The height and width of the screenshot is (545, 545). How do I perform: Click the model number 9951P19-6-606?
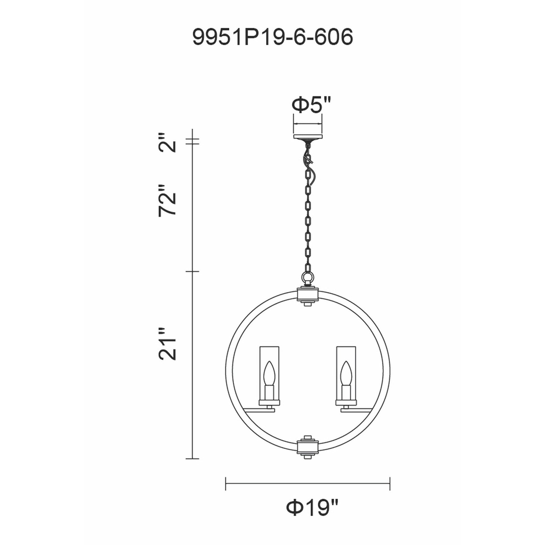pyautogui.click(x=272, y=37)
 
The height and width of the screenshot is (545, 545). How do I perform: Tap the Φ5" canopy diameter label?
pyautogui.click(x=311, y=105)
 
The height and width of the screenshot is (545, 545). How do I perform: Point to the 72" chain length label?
pyautogui.click(x=167, y=201)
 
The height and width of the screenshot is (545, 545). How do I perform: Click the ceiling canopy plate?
pyautogui.click(x=308, y=137)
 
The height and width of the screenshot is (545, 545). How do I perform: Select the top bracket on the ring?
pyautogui.click(x=308, y=295)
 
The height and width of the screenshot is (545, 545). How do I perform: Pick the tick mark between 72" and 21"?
pyautogui.click(x=192, y=272)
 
